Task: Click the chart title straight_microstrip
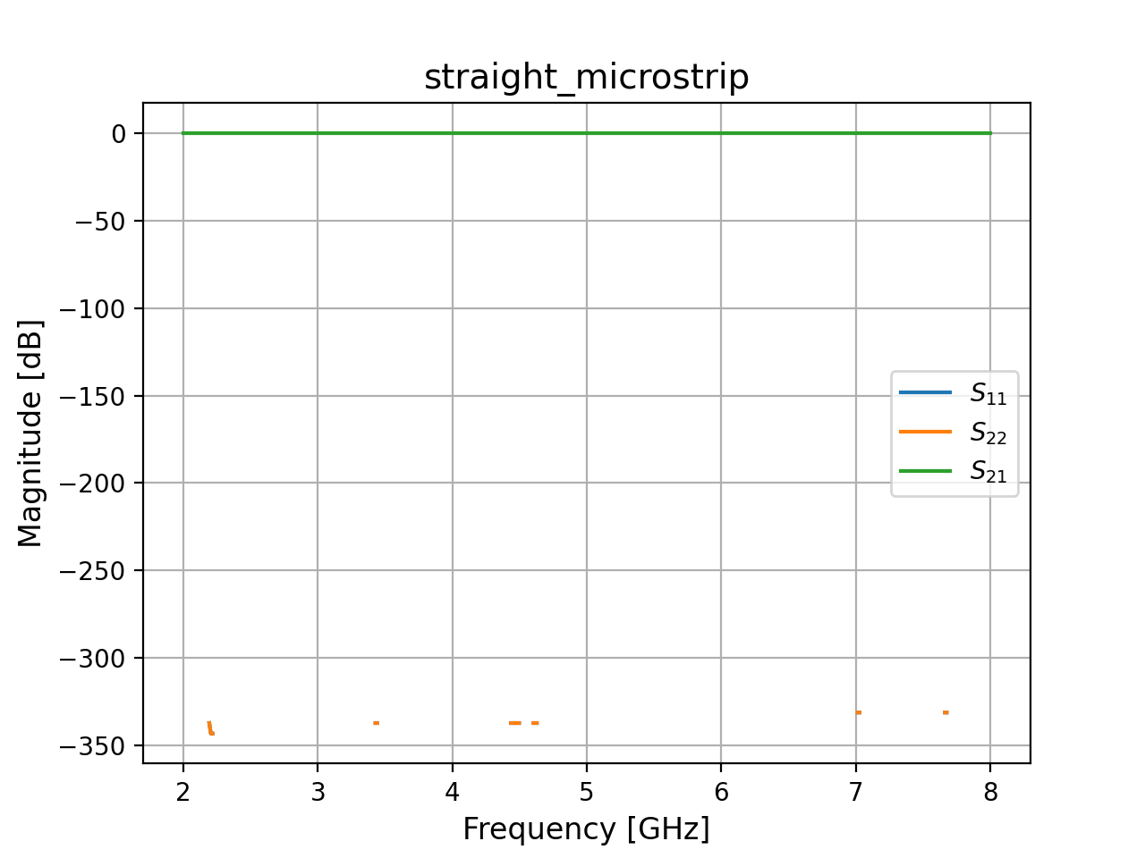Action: pos(586,78)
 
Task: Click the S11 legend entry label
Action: pos(988,393)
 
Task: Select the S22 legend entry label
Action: pos(988,433)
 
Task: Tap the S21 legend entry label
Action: pos(988,472)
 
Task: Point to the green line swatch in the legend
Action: pos(925,471)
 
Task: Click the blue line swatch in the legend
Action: pos(925,392)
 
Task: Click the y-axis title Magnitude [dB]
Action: pos(30,433)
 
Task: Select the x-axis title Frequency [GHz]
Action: pos(586,829)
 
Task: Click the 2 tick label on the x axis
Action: pos(183,792)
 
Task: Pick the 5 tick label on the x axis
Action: pos(587,792)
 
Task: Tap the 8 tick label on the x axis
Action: pos(990,792)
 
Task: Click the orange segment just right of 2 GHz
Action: pos(210,728)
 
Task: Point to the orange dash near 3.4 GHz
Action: pos(377,723)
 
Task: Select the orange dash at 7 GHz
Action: pos(859,712)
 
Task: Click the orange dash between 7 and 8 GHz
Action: pos(946,712)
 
